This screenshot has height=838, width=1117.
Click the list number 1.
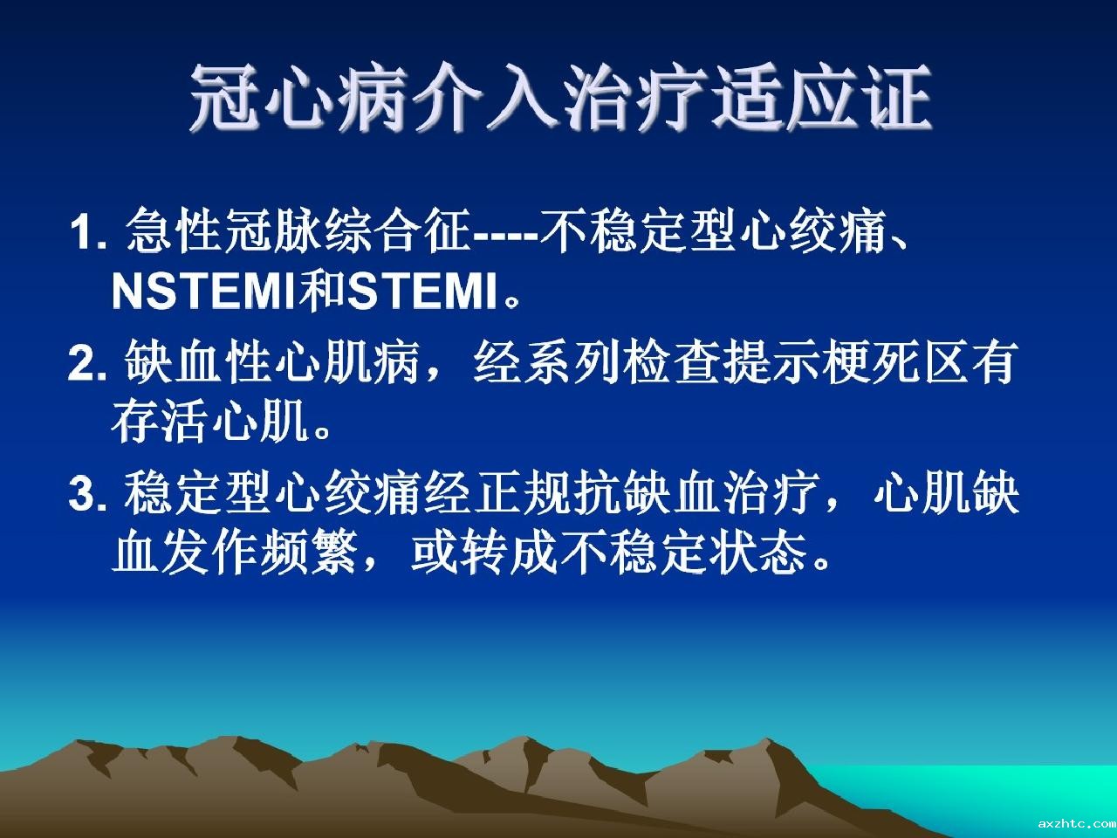tap(88, 234)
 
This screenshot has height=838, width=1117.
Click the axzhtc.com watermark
tap(1076, 824)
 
